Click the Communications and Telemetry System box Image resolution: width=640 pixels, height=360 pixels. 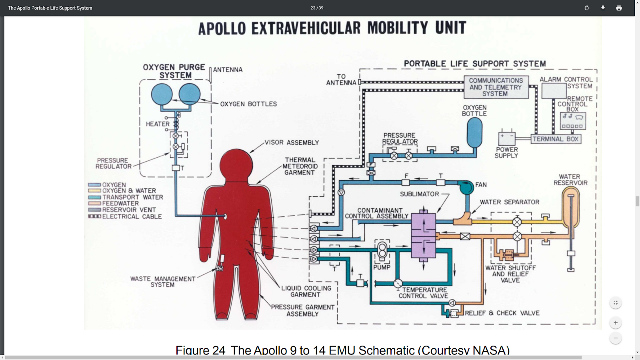coord(496,87)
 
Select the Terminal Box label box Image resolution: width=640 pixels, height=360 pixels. coord(556,139)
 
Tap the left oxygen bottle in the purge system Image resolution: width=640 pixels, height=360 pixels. coord(162,94)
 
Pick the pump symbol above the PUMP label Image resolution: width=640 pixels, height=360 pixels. coord(382,251)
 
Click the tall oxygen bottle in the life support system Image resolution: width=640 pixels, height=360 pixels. coord(475,133)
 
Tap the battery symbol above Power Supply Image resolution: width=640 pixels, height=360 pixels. coord(507,138)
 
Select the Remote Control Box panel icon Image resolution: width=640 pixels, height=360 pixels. coord(573,121)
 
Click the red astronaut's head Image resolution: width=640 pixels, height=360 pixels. coord(236,164)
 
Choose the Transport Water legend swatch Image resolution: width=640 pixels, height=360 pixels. coord(94,197)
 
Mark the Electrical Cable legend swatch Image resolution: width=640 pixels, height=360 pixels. coord(94,216)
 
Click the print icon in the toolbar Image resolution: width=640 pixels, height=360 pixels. coord(619,8)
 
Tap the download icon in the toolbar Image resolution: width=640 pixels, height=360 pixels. coord(603,8)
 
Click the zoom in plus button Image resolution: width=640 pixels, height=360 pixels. coord(616,322)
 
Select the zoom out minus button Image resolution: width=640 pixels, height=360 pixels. coord(616,338)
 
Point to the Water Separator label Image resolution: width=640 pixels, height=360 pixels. coord(510,202)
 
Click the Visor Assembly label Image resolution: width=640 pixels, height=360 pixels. coord(292,142)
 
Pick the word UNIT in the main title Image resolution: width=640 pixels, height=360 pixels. coord(451,28)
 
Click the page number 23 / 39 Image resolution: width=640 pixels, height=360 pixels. coord(317,8)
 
